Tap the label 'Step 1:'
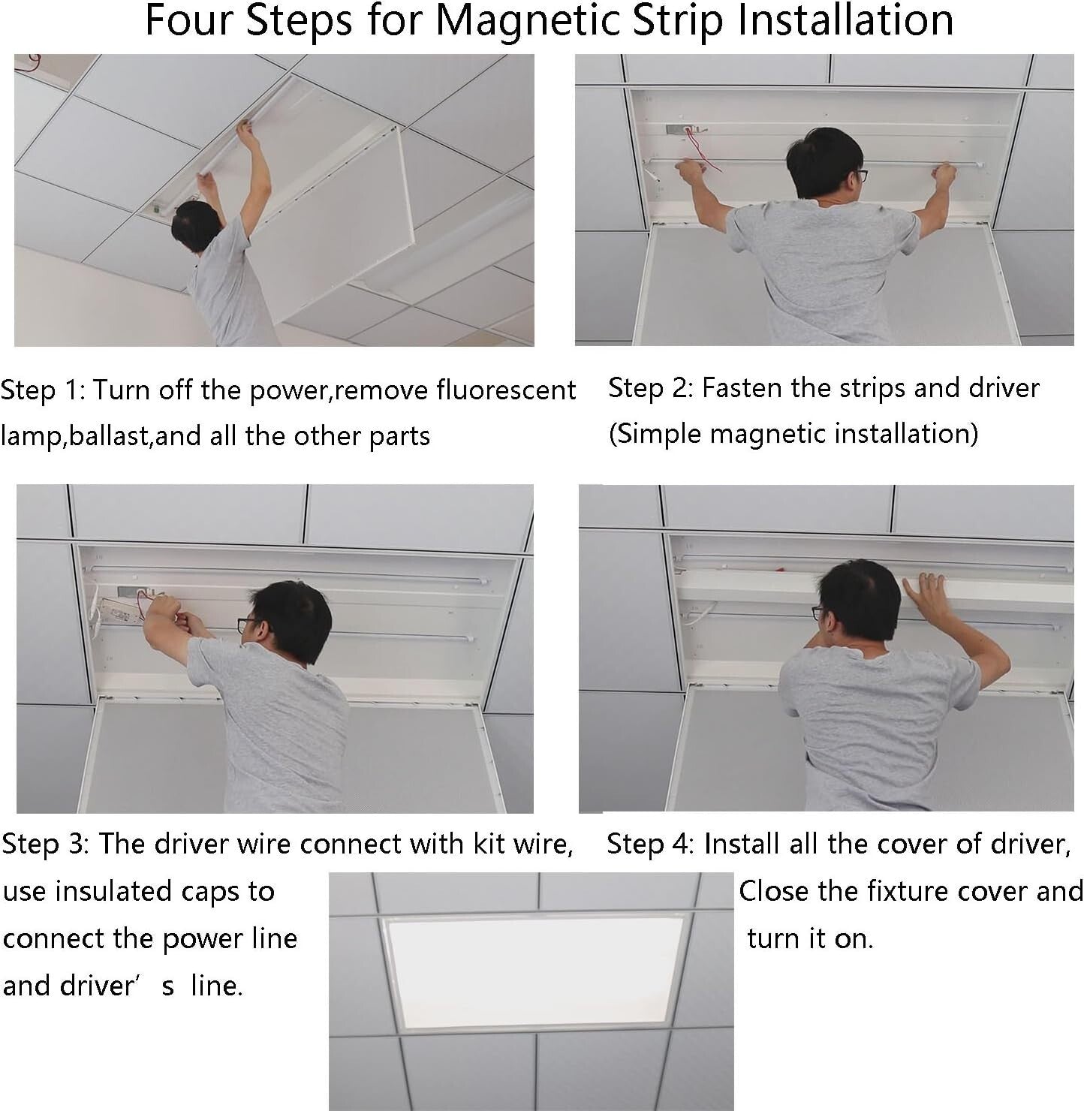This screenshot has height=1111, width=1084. click(43, 390)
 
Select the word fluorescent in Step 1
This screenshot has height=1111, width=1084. click(506, 390)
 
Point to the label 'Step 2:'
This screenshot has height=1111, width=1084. click(650, 388)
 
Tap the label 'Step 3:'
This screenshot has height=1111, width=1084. click(45, 844)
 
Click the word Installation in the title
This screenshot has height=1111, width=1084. click(845, 21)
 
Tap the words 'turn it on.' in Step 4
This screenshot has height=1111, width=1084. click(811, 938)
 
